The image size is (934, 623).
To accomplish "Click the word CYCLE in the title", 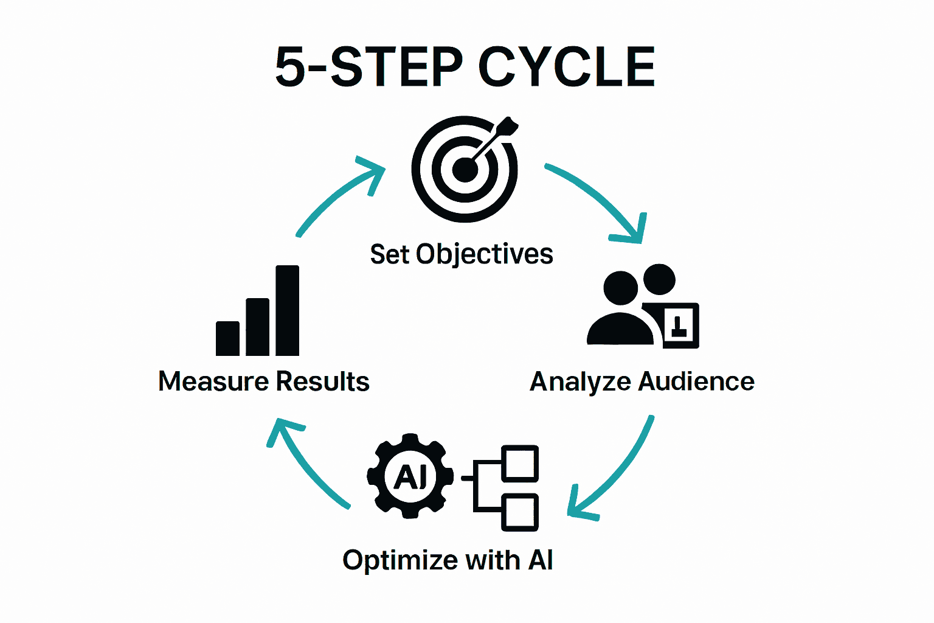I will click(x=567, y=67).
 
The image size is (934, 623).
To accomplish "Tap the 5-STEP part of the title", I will click(x=368, y=67).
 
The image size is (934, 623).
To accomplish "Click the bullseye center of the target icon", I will click(x=465, y=169).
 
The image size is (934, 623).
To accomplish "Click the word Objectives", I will click(x=485, y=254).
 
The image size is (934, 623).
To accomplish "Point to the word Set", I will click(x=389, y=254).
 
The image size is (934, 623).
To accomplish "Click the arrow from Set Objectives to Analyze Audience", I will click(x=599, y=198).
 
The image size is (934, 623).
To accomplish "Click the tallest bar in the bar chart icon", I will click(x=287, y=310).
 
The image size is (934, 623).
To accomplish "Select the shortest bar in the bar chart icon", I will click(x=227, y=338).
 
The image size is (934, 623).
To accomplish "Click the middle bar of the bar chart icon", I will click(x=257, y=327).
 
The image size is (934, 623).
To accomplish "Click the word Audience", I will click(x=696, y=381).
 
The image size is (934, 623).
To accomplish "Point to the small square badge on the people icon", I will click(x=680, y=325).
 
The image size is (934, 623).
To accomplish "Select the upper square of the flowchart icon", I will click(x=521, y=463).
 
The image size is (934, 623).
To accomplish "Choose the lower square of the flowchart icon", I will click(x=521, y=512).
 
